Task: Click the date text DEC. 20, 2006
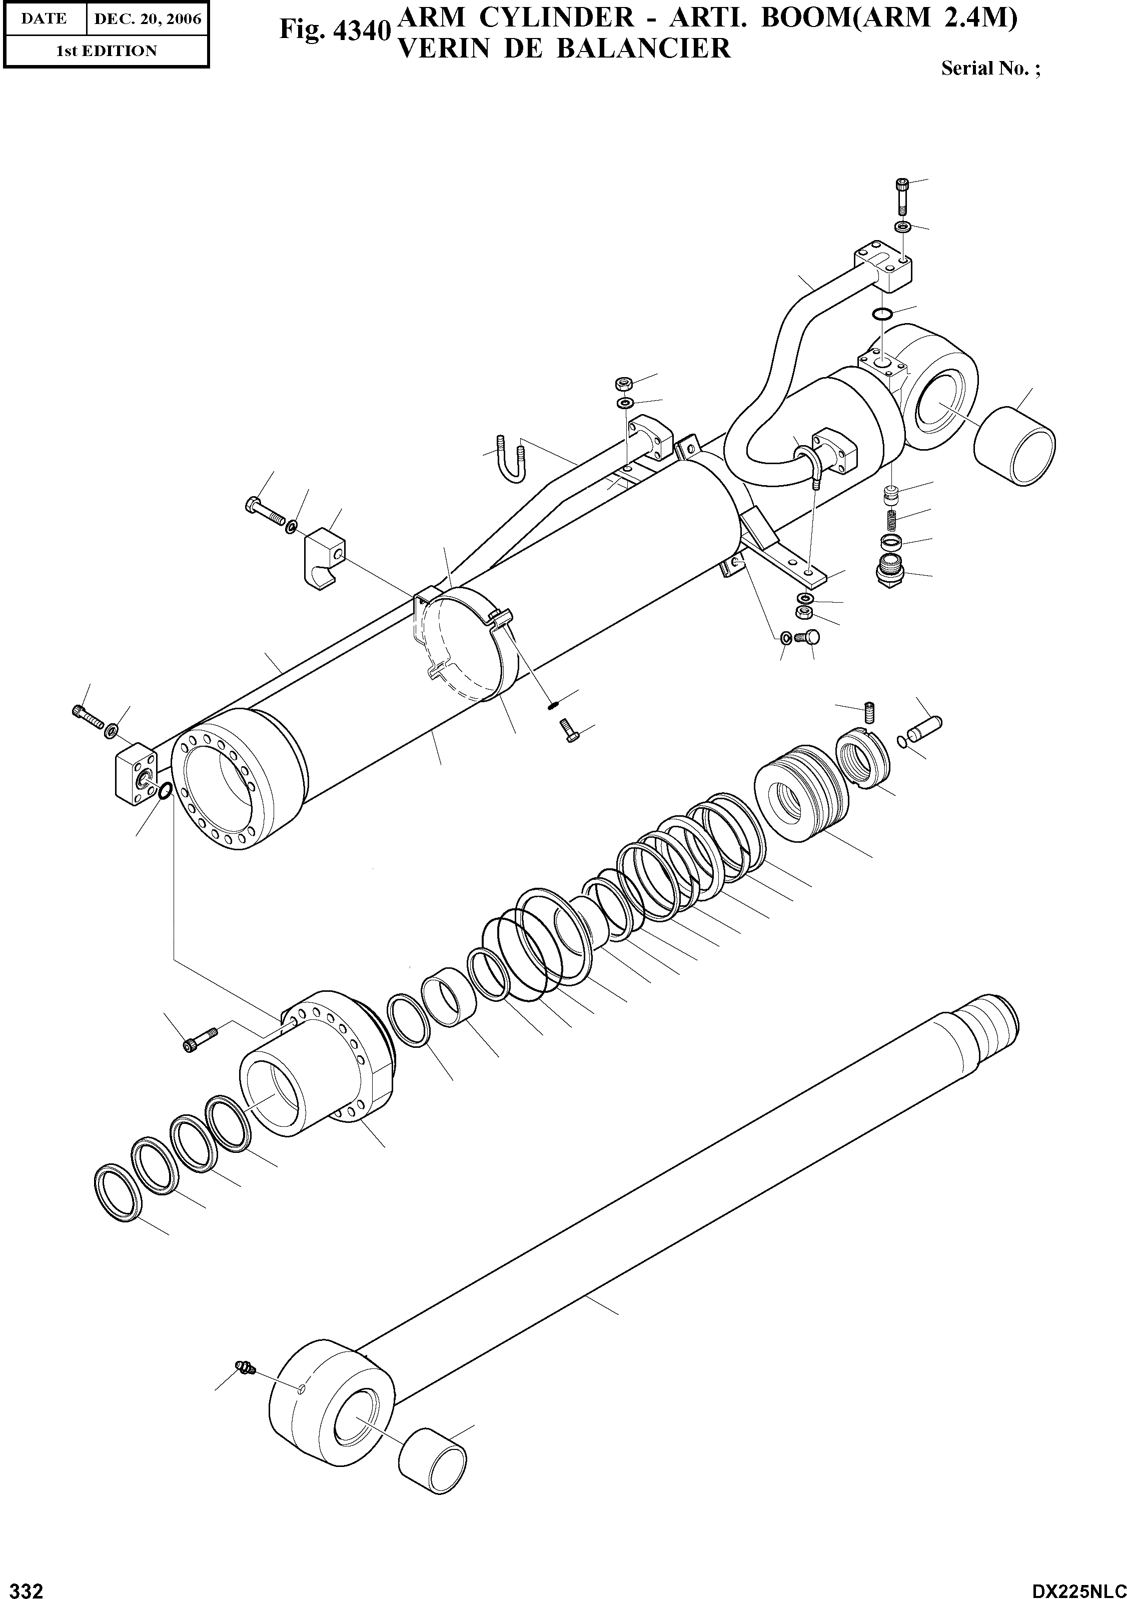(147, 20)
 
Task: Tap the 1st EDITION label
(106, 51)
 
